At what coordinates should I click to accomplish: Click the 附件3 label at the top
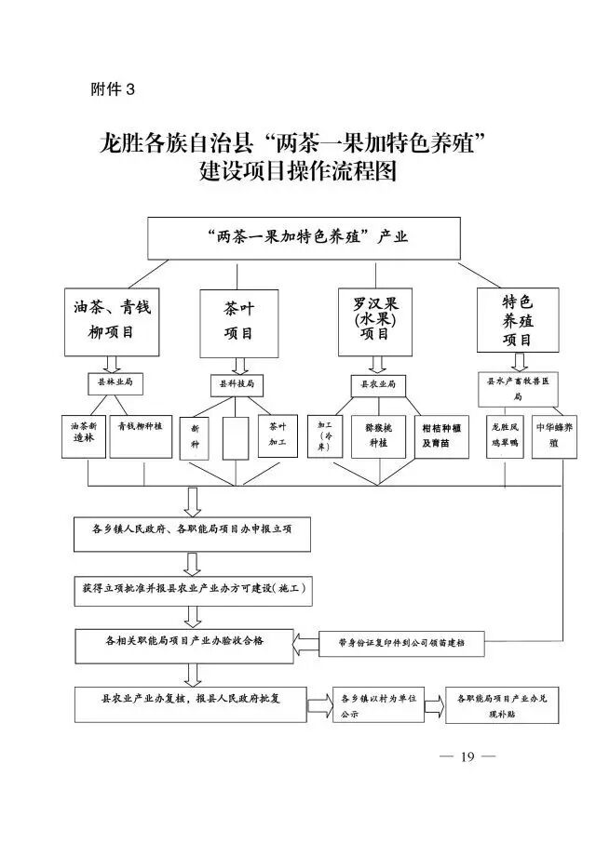(113, 89)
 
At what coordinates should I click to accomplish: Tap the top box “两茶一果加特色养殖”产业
(304, 237)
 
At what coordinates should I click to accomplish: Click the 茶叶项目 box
(238, 322)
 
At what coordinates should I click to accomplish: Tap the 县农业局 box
(379, 382)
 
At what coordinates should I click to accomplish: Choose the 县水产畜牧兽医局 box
(518, 388)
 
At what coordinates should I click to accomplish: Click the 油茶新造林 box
(84, 435)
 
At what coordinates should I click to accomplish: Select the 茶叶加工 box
(278, 435)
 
